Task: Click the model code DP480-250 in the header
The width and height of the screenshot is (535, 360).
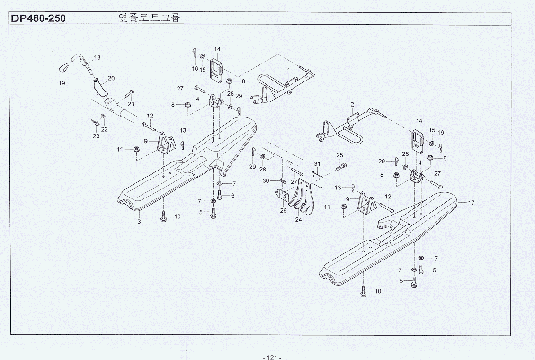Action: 38,19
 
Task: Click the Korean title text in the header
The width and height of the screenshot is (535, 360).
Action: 149,18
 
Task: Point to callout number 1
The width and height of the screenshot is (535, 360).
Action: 288,70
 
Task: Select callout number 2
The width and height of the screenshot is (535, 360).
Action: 352,104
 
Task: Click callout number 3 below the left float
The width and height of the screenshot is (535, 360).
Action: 139,221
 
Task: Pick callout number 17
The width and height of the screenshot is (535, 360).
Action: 471,203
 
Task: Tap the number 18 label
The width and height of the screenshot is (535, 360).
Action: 97,58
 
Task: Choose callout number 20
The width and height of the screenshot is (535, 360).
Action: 111,78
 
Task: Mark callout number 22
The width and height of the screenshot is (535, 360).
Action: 104,129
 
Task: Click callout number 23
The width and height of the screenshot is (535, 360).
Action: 96,136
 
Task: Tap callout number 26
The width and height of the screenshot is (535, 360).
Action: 283,211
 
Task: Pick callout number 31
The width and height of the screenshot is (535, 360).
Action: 317,164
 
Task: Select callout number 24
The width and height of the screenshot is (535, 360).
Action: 298,220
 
